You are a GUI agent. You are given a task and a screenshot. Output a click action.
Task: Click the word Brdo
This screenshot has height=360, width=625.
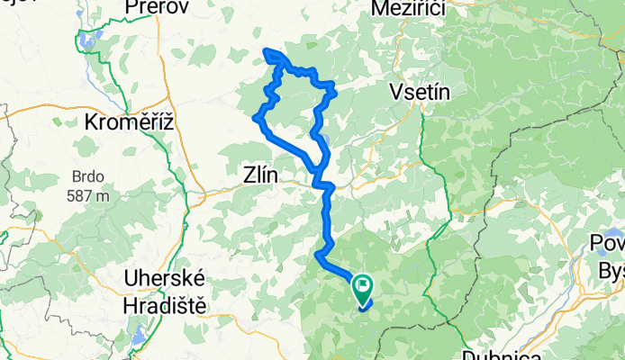91,177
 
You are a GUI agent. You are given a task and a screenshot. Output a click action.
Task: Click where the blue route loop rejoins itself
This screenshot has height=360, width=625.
318,170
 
